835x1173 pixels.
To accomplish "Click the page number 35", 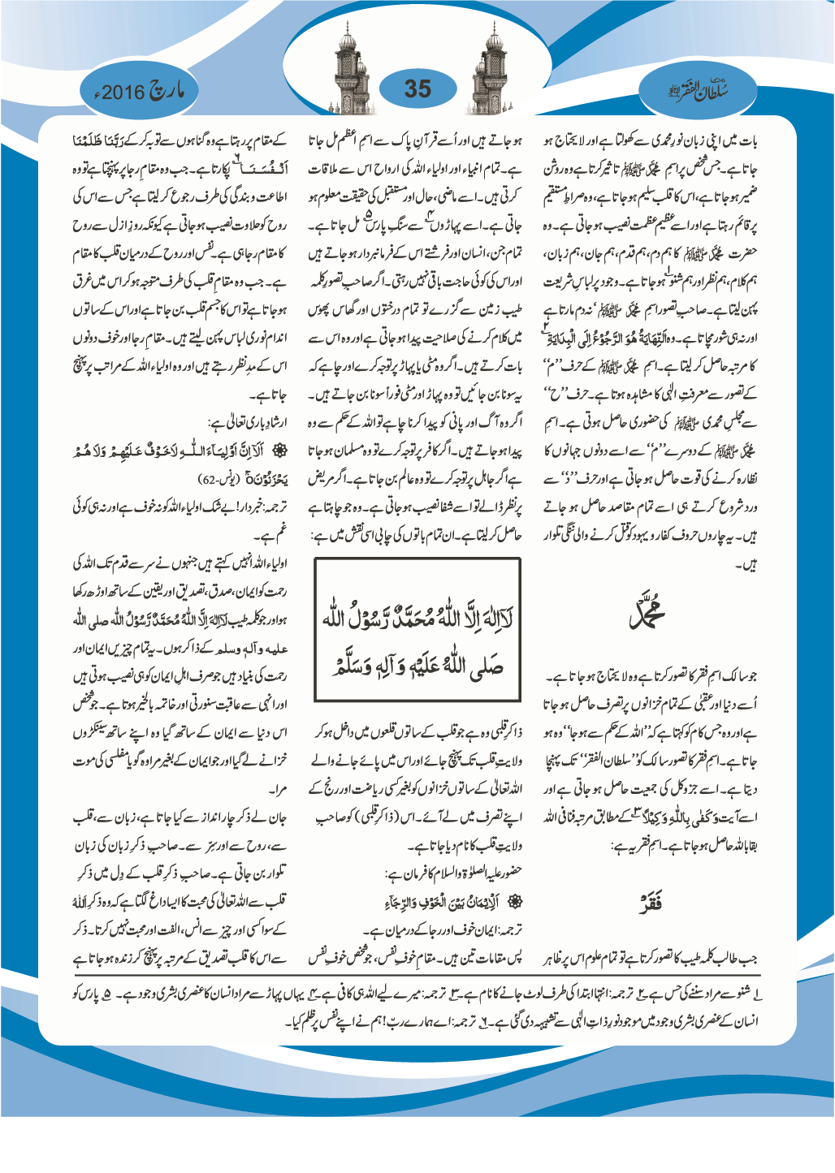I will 417,88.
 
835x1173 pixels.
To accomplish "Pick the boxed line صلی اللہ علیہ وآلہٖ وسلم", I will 417,666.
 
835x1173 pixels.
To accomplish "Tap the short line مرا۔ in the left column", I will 276,789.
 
